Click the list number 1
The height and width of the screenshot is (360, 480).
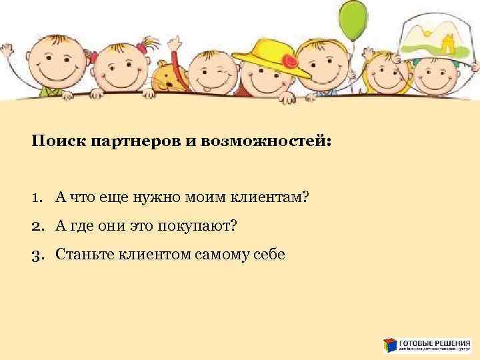click(x=37, y=197)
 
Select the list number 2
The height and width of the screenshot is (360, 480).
click(x=37, y=226)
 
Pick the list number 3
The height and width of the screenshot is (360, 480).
click(x=37, y=254)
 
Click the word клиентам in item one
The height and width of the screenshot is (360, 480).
click(x=273, y=197)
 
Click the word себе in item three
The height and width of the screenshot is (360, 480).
click(x=269, y=254)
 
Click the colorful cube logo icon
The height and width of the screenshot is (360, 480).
click(x=390, y=345)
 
